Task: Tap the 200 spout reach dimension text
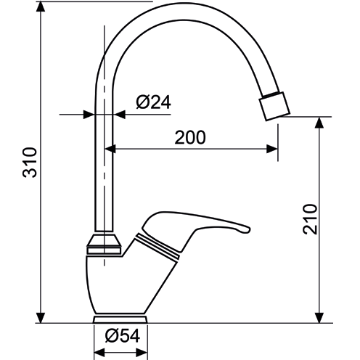[x=190, y=136]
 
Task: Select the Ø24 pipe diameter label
[x=153, y=102]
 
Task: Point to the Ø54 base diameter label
[x=122, y=336]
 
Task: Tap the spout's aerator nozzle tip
[x=275, y=107]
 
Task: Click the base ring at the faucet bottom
[x=121, y=319]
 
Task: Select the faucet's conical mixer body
[x=123, y=283]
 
